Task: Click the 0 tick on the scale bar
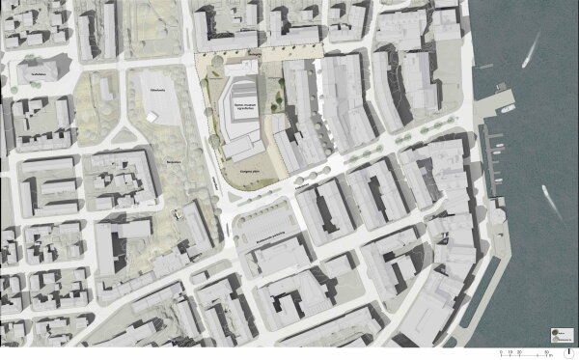click(x=500, y=348)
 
